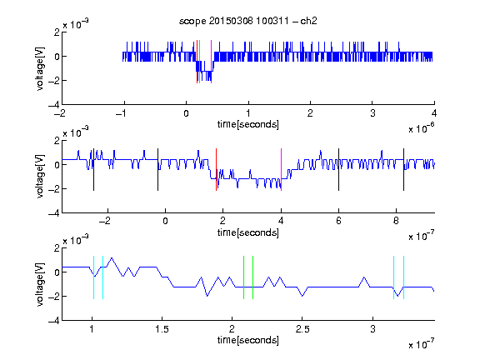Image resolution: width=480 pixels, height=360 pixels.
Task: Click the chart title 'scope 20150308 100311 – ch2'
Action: point(248,21)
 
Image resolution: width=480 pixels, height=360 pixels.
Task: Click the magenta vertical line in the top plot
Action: point(211,62)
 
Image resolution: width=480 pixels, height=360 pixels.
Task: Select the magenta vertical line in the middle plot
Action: point(281,170)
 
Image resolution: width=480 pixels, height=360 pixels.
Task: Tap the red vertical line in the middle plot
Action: point(216,170)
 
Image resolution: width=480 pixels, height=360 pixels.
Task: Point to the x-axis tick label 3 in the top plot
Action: point(372,113)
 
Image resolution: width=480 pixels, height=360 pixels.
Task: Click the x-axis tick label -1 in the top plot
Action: point(122,113)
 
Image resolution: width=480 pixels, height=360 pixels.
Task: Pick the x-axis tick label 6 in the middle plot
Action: point(338,221)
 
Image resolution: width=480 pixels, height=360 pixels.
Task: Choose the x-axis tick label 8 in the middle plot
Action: point(396,221)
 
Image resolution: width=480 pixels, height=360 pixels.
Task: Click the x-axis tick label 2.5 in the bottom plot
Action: point(302,329)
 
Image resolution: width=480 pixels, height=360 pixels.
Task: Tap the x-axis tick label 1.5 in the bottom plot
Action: point(162,329)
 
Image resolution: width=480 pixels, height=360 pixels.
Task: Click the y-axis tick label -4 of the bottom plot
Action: point(54,320)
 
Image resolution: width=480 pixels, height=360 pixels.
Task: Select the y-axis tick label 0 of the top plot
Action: point(57,57)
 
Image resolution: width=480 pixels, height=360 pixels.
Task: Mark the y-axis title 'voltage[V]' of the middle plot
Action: point(40,176)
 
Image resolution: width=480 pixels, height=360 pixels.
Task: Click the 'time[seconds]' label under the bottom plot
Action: point(248,340)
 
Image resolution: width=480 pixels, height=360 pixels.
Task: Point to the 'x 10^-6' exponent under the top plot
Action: point(421,128)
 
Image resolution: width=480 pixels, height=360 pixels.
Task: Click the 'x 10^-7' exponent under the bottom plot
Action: point(421,344)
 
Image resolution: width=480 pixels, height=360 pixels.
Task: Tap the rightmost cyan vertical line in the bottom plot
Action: point(404,277)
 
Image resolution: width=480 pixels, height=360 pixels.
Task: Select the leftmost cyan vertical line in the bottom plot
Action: point(93,277)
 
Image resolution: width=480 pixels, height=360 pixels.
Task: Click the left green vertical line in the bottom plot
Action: point(243,277)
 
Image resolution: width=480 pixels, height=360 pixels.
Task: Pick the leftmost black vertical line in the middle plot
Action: point(93,170)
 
